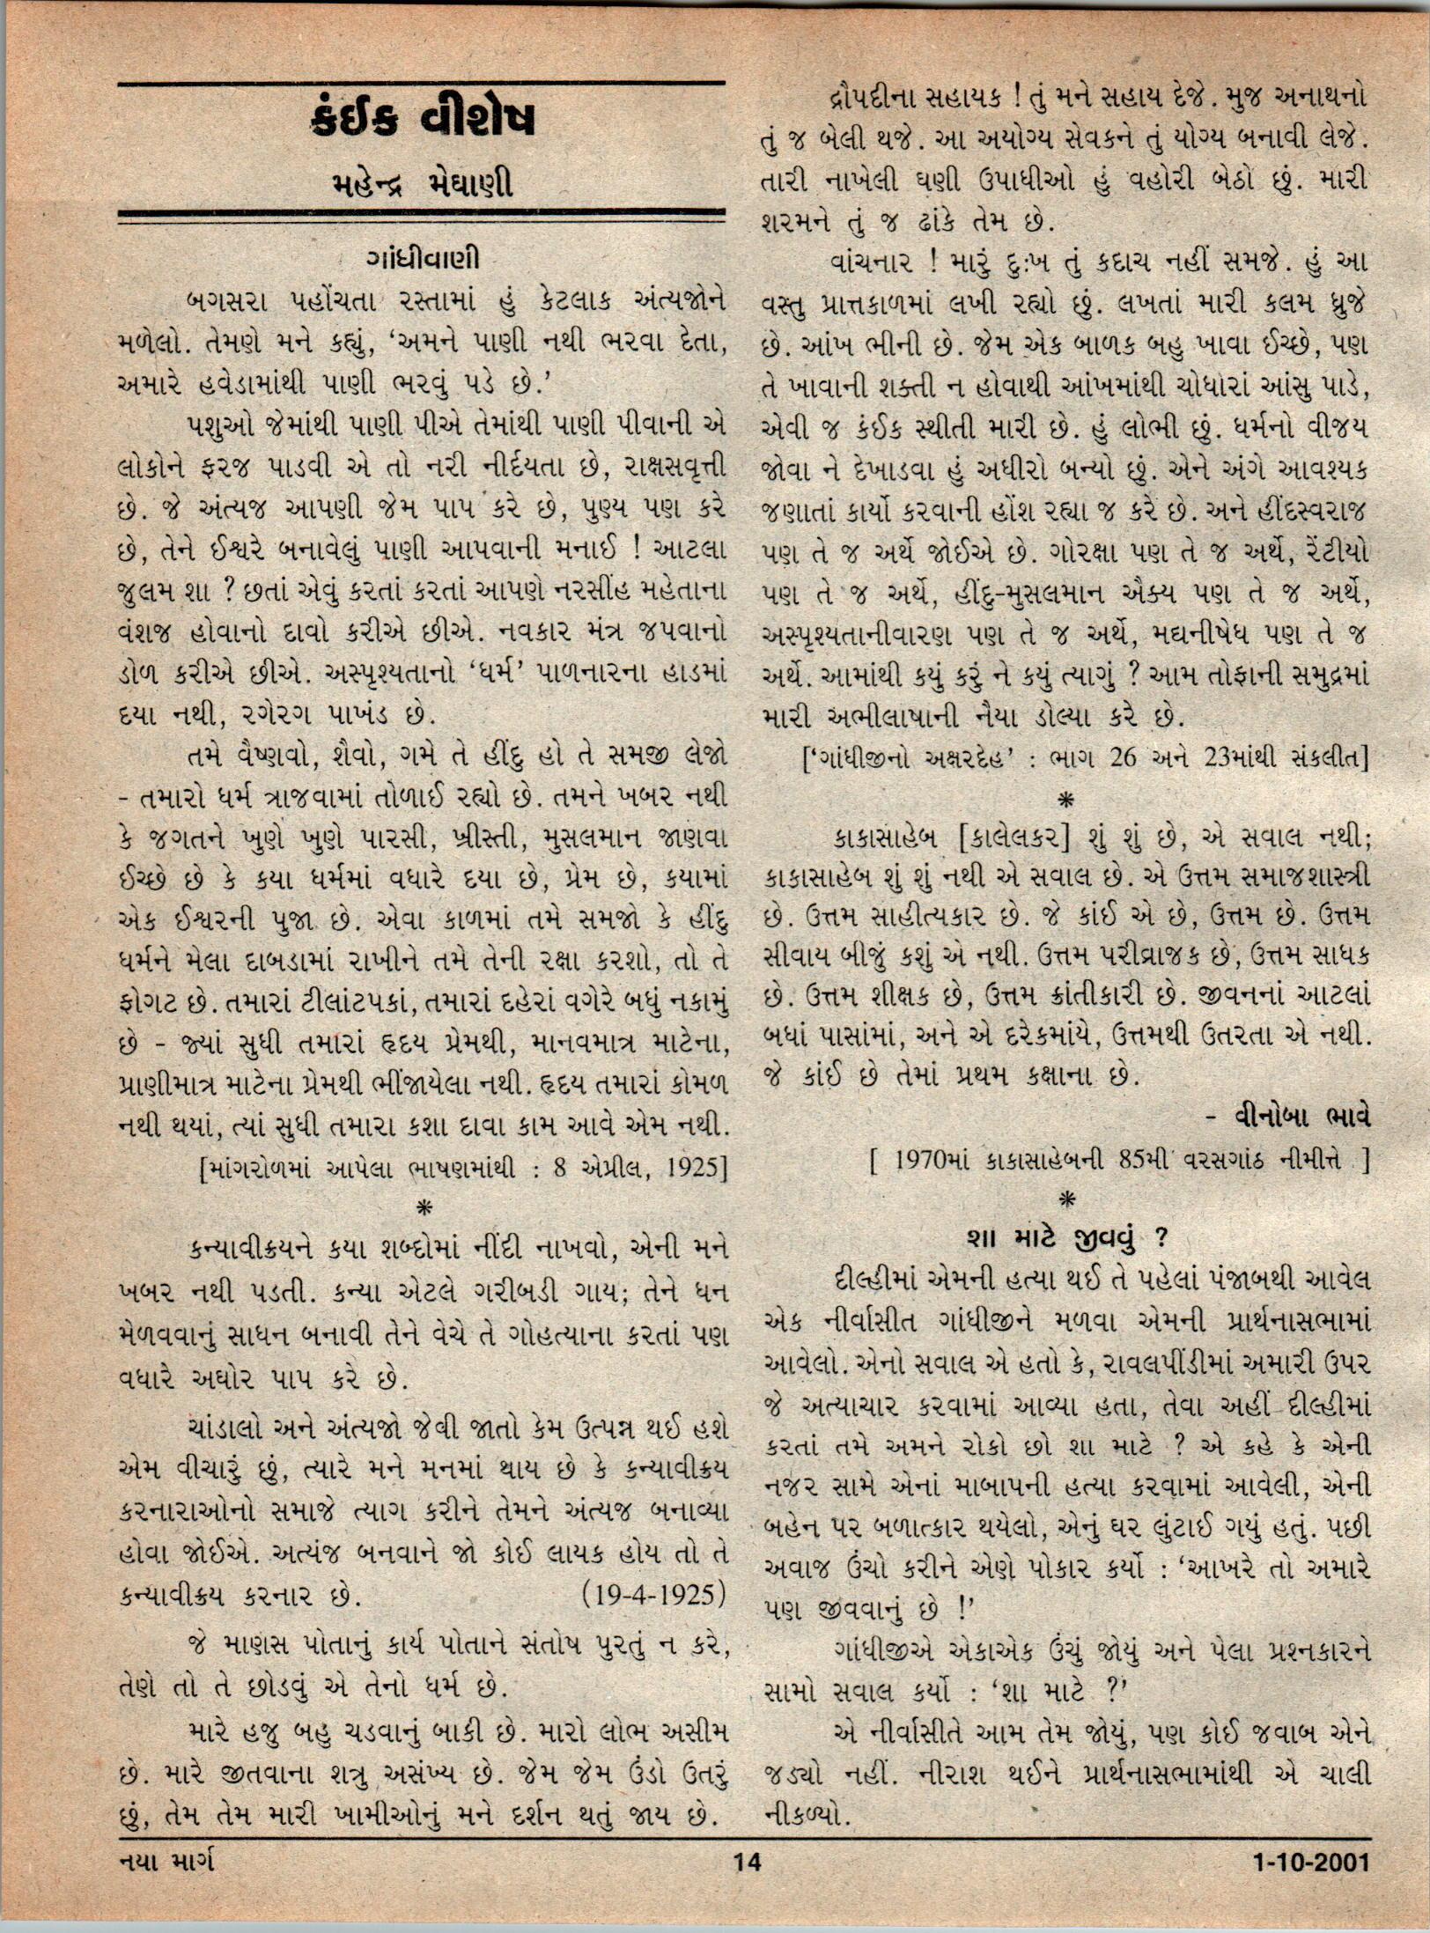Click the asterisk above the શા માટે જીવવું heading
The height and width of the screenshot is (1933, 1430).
coord(1068,1199)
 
